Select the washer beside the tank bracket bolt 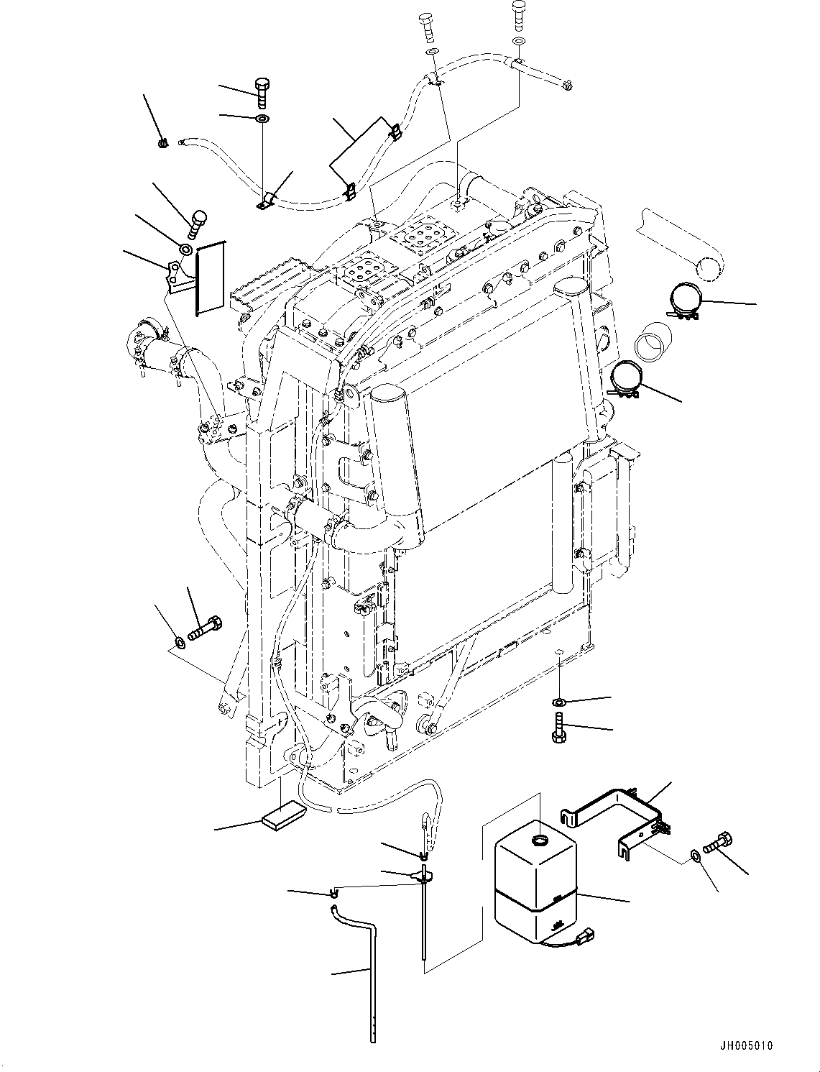click(x=695, y=855)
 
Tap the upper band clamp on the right click(x=689, y=302)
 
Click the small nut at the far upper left click(x=163, y=143)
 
